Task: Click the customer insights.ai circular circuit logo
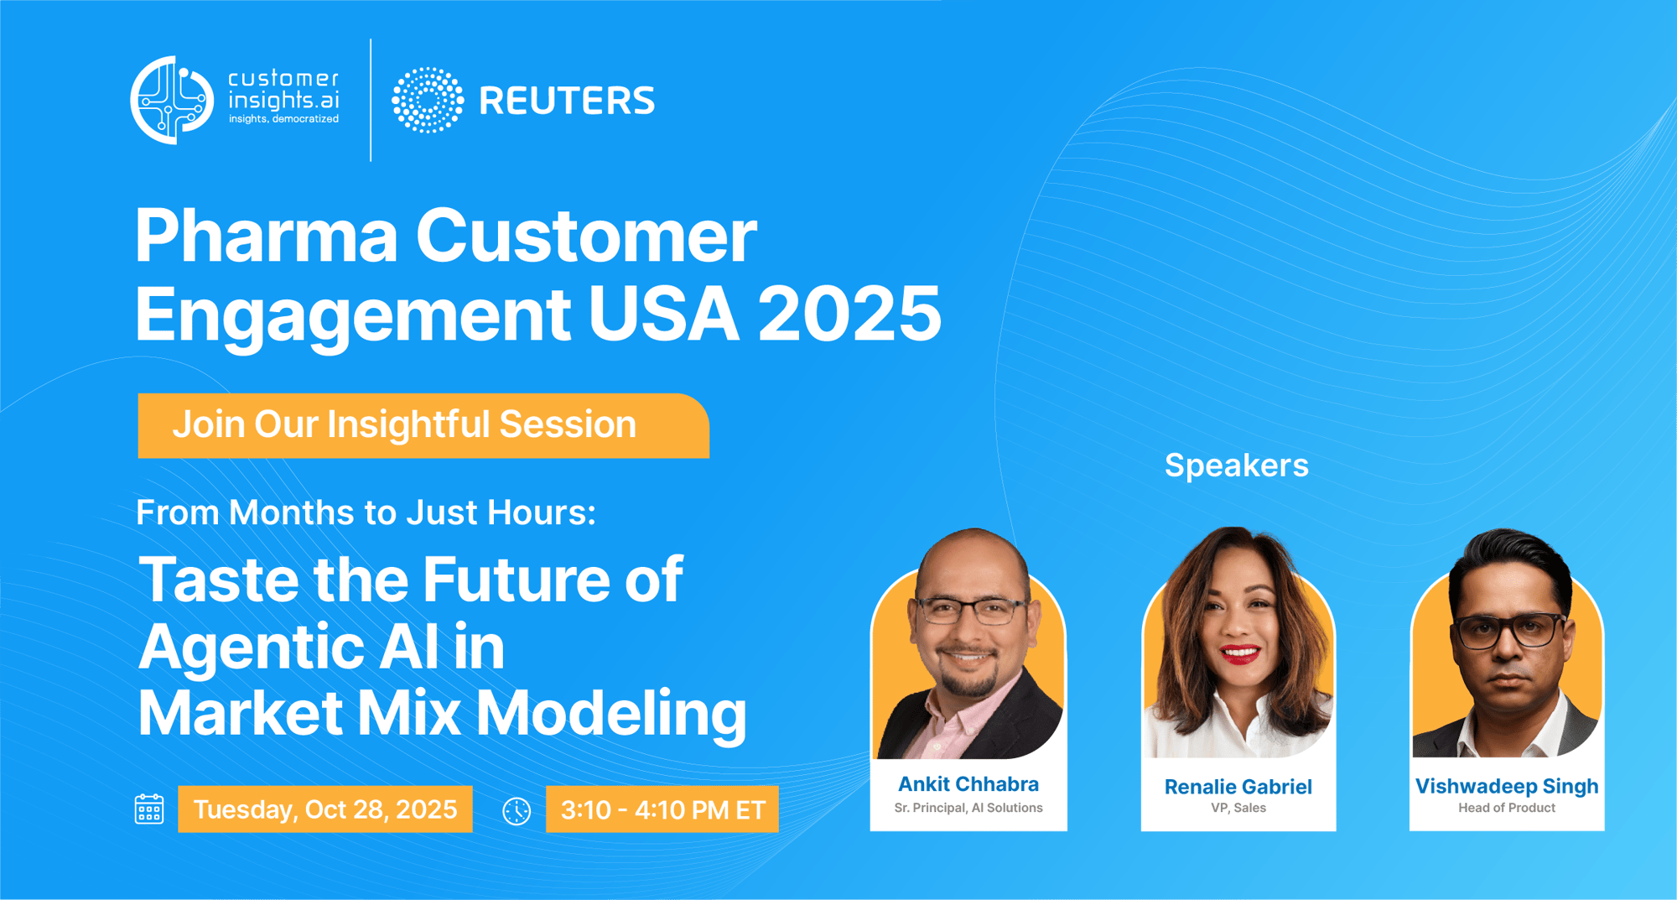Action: click(172, 100)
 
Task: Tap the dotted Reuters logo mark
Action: click(428, 100)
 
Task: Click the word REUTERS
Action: click(567, 101)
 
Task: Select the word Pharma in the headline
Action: click(267, 236)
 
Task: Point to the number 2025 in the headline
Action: click(849, 314)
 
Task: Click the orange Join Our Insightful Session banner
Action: click(423, 425)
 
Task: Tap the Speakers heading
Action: click(1237, 466)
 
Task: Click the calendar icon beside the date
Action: click(149, 809)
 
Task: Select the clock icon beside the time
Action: click(517, 811)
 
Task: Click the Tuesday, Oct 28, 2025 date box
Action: click(325, 809)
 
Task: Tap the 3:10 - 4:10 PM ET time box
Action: click(662, 809)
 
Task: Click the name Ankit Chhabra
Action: click(968, 784)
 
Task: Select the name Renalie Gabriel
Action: click(1238, 787)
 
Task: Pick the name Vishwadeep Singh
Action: click(1507, 786)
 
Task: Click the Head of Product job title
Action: click(1507, 808)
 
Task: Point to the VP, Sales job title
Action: click(1238, 808)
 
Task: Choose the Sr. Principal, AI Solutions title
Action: click(968, 808)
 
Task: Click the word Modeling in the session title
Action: click(611, 714)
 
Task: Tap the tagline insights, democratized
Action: click(284, 119)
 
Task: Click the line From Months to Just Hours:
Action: click(366, 512)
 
